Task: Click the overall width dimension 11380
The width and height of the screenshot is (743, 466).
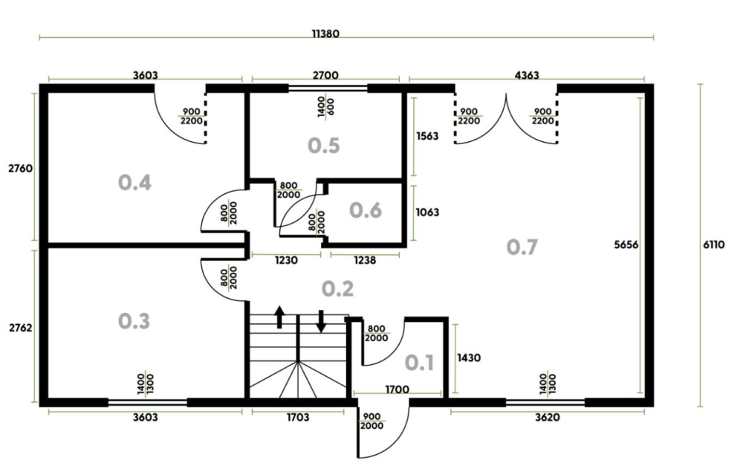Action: point(325,33)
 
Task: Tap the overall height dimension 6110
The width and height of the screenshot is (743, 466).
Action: point(713,245)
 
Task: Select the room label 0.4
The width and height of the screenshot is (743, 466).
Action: point(134,183)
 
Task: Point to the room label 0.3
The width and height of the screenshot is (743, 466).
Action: point(134,321)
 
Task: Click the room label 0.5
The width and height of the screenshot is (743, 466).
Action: point(324,145)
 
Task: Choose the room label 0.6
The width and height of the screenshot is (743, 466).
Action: point(366,210)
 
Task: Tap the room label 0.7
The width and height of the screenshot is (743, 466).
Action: point(522,247)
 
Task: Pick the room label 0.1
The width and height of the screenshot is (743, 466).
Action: point(419,363)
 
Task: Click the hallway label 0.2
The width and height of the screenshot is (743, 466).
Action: point(337,288)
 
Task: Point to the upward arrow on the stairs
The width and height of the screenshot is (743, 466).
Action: point(279,317)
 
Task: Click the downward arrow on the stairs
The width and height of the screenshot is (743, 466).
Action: point(321,321)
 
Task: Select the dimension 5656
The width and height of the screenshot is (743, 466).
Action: point(626,245)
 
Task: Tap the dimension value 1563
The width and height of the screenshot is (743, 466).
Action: point(427,136)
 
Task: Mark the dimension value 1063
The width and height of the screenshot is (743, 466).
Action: point(427,212)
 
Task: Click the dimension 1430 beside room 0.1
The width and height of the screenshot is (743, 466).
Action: point(469,357)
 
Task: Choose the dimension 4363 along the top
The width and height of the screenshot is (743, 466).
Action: point(527,75)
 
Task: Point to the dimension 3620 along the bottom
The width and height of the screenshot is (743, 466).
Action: point(548,417)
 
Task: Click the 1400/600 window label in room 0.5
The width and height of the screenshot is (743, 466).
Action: point(325,108)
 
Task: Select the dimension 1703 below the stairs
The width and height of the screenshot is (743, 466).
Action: point(298,417)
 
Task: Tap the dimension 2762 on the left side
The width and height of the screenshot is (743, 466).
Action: point(21,328)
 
